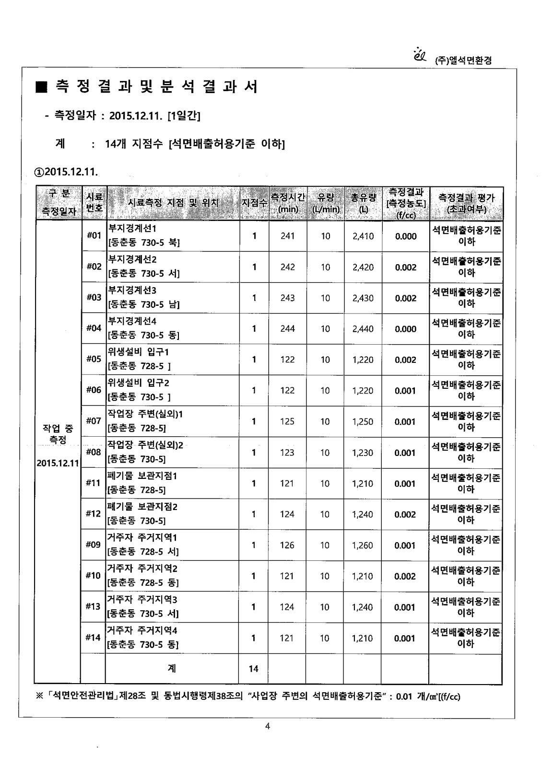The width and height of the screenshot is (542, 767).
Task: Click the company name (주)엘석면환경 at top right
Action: pos(462,61)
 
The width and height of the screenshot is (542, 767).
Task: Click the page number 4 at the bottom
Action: pos(268,726)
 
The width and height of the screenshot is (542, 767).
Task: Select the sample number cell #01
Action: pos(94,235)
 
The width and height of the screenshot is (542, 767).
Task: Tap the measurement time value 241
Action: pos(287,236)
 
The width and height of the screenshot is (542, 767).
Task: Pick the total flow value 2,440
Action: pos(363,329)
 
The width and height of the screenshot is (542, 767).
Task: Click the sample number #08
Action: pos(94,452)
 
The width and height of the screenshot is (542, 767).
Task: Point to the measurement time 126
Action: pos(287,546)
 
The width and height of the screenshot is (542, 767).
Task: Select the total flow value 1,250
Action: pos(363,422)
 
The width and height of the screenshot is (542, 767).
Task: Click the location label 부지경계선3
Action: pos(132,291)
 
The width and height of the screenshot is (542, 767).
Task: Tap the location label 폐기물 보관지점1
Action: pos(142,476)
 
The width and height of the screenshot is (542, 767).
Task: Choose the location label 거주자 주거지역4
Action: pos(142,630)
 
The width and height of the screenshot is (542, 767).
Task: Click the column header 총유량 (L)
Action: pos(363,203)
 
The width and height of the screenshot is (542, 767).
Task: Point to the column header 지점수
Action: pos(254,203)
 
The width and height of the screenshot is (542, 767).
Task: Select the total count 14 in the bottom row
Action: pos(254,668)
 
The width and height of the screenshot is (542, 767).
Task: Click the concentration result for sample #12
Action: pos(405,514)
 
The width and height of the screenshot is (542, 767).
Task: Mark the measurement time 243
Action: pos(287,298)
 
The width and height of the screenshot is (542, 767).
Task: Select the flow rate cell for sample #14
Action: pos(325,638)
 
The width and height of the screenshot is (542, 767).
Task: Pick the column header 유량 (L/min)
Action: pos(326,203)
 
